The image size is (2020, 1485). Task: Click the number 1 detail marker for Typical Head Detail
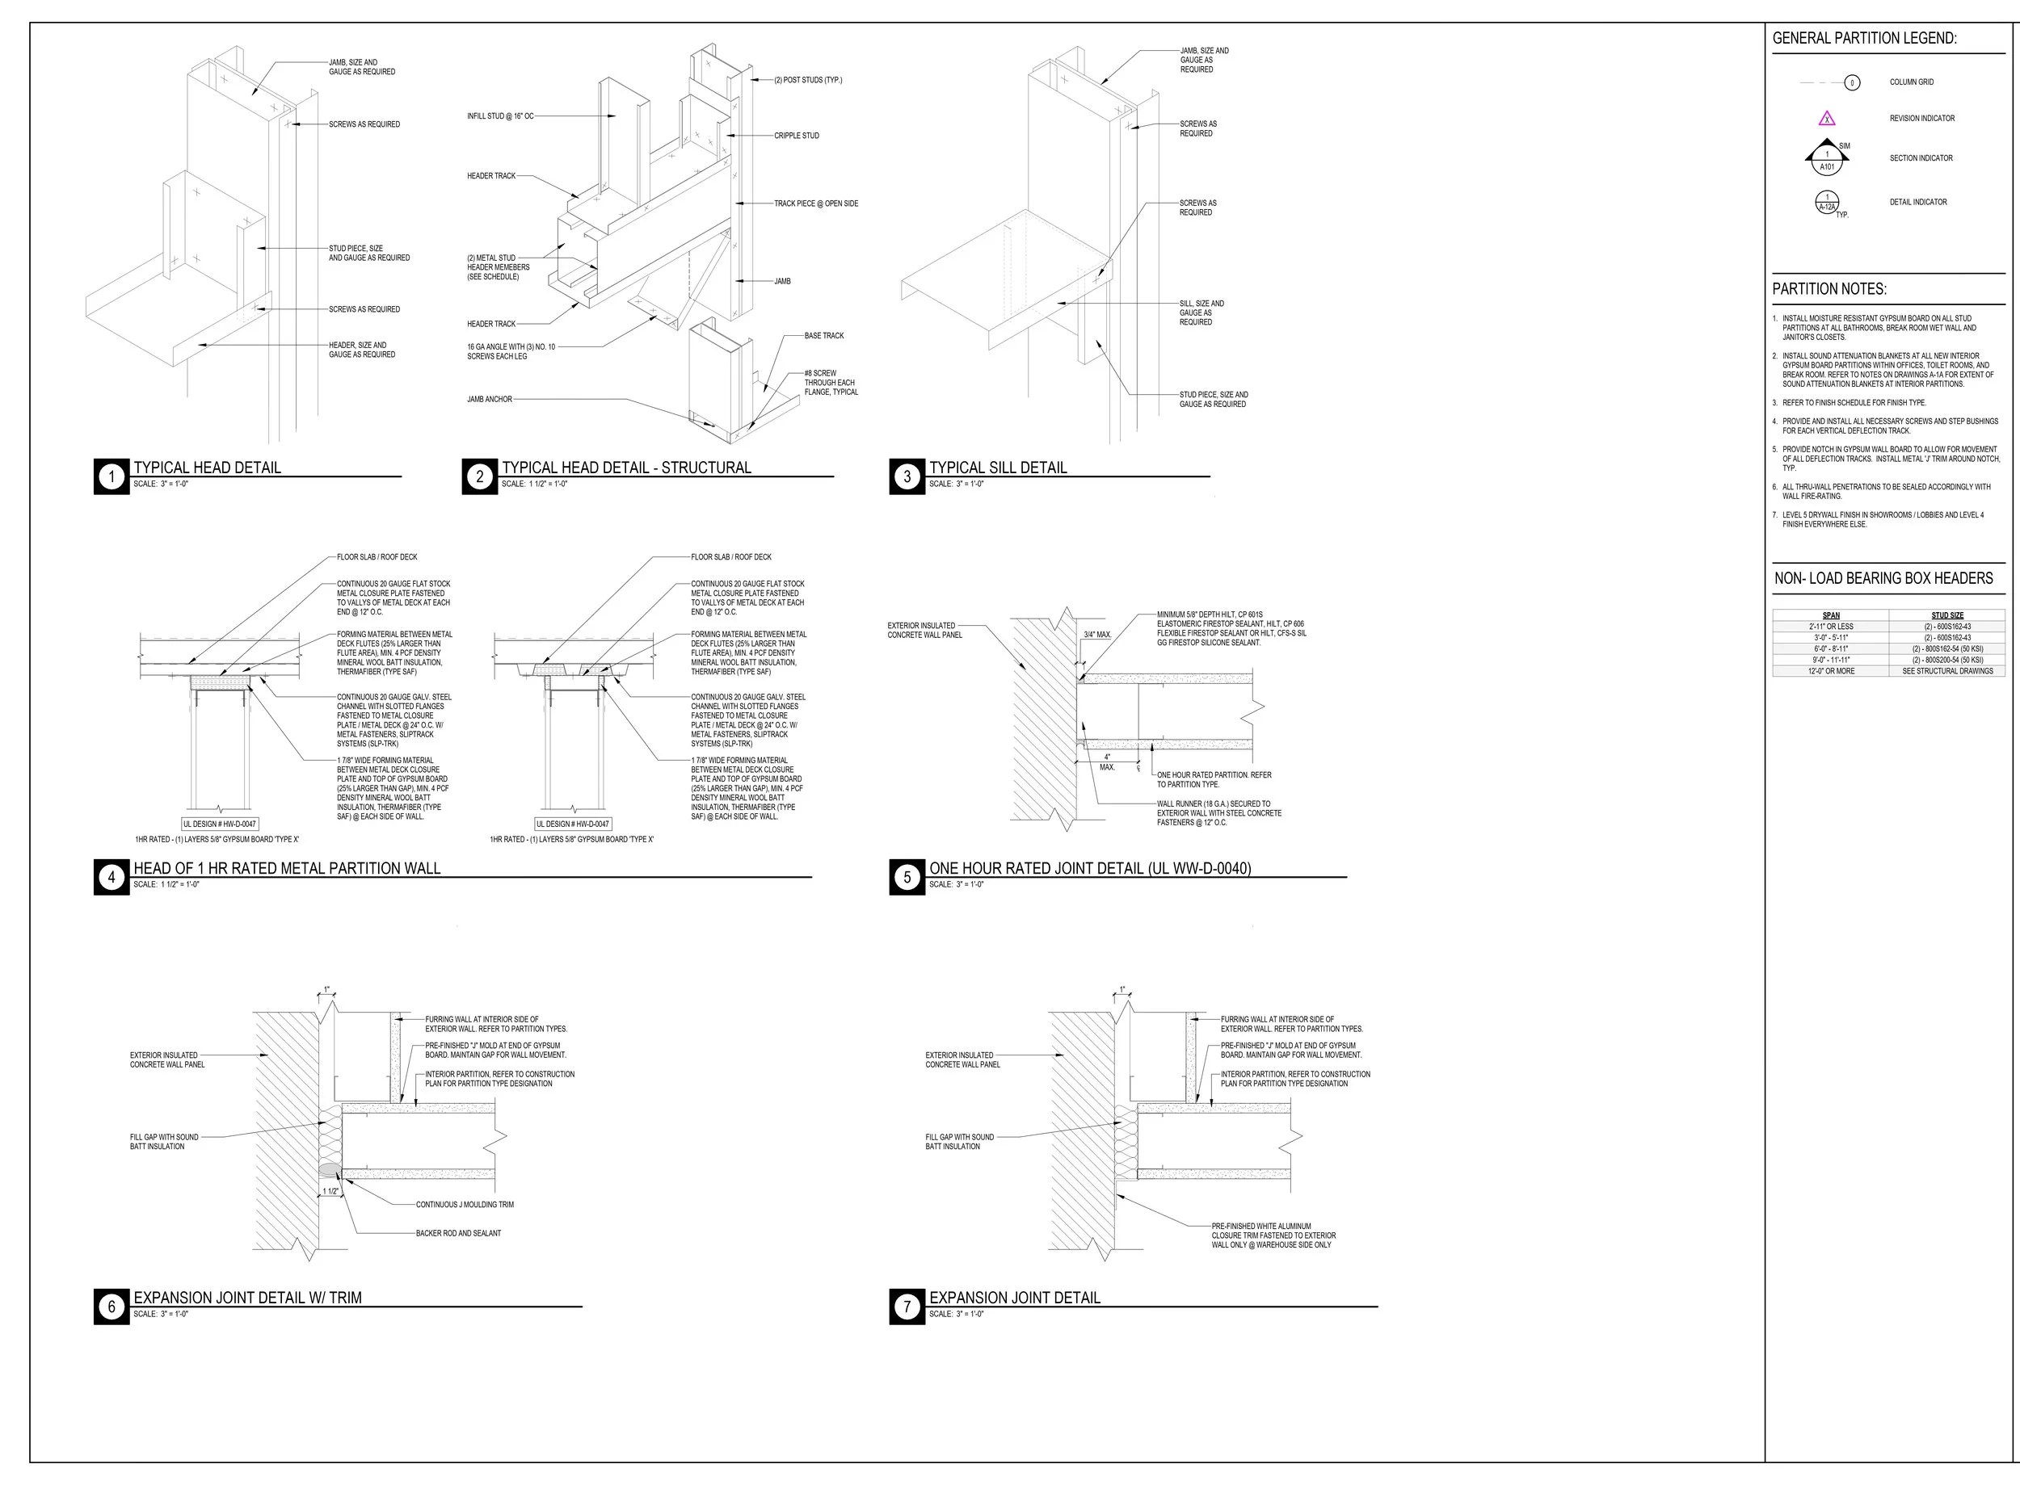tap(112, 476)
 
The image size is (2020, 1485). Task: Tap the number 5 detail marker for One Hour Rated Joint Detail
tap(907, 877)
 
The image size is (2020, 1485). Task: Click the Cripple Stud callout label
tap(796, 136)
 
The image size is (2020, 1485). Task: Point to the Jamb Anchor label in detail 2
tap(490, 399)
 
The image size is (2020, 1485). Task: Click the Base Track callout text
tap(824, 335)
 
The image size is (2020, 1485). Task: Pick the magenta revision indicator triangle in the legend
tap(1827, 119)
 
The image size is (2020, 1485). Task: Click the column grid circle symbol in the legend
tap(1852, 82)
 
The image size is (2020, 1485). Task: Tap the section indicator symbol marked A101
tap(1827, 160)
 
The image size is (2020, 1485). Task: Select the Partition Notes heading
tap(1829, 288)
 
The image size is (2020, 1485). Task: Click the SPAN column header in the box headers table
tap(1830, 616)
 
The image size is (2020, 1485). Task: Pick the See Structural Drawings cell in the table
tap(1947, 670)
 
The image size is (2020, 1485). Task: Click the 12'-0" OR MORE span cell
tap(1831, 670)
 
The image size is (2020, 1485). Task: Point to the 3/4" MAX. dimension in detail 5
tap(1097, 635)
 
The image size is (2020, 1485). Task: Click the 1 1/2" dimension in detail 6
tap(331, 1191)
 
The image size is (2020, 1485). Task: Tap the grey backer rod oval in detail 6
tap(330, 1168)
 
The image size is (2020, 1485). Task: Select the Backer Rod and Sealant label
tap(458, 1233)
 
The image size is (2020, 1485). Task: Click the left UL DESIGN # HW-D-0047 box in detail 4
tap(220, 824)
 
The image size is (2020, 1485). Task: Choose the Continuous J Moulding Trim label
tap(464, 1205)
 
